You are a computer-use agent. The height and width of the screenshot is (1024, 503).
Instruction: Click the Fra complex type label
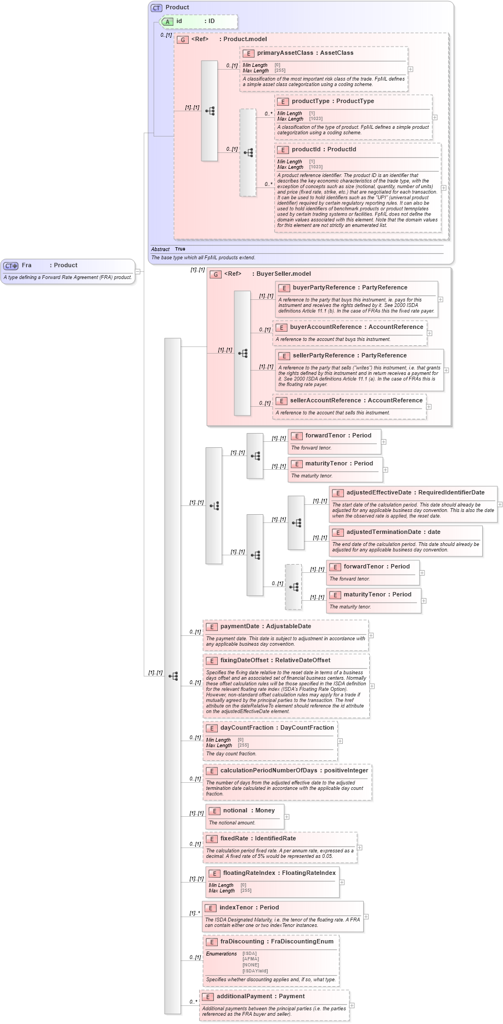tap(26, 265)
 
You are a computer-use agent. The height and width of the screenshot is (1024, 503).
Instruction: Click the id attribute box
tap(199, 21)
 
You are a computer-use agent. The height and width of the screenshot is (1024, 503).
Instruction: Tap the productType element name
tap(310, 101)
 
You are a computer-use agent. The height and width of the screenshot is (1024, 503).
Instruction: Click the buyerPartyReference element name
tap(326, 288)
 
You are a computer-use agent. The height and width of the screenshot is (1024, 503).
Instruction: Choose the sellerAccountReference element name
tap(325, 401)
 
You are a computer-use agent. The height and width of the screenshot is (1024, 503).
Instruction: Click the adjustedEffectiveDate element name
tap(378, 493)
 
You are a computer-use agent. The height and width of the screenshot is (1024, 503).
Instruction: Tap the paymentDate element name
tap(240, 627)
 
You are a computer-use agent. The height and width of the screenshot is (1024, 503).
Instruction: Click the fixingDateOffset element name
tap(244, 661)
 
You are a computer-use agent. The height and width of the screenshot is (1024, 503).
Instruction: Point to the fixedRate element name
tap(234, 839)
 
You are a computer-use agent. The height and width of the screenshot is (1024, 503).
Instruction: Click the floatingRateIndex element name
tap(249, 873)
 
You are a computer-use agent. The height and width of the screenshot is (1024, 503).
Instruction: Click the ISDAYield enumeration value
tap(255, 971)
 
